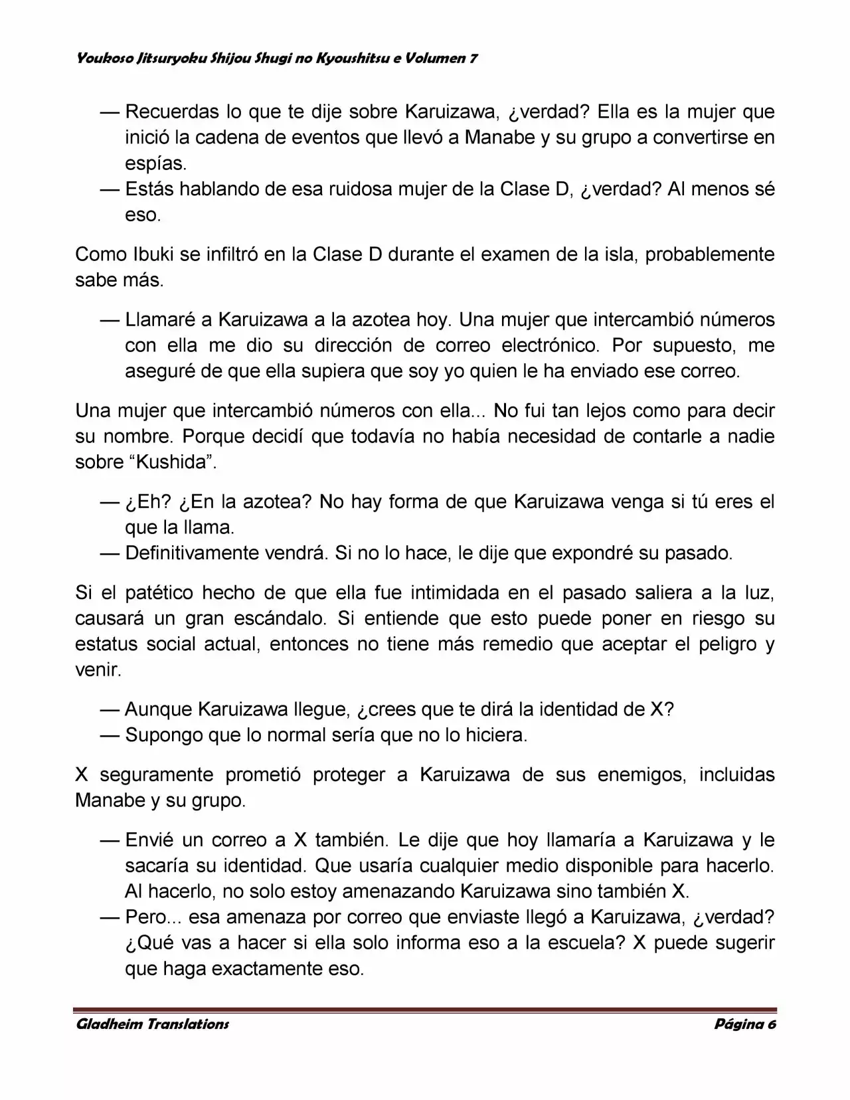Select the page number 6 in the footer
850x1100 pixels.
coord(772,1024)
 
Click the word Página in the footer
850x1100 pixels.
coord(738,1024)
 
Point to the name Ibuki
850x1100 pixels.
coord(137,254)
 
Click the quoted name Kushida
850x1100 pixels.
coord(171,462)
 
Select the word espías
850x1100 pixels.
coord(156,163)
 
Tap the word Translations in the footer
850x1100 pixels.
coord(187,1024)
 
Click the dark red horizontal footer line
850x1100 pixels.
coord(425,1010)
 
